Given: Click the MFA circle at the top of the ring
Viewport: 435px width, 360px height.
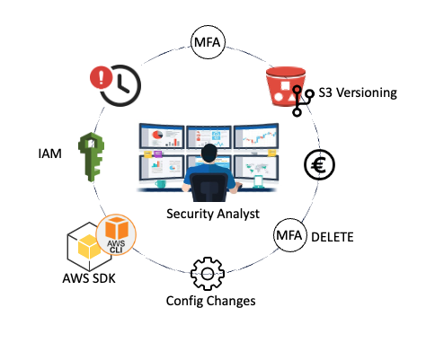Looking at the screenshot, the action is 208,42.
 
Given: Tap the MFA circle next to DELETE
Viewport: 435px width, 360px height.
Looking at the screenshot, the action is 290,235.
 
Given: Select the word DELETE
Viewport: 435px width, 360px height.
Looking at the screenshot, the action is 333,237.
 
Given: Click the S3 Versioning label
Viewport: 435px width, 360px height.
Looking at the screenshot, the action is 358,92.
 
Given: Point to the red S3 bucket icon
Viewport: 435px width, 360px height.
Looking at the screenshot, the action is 285,86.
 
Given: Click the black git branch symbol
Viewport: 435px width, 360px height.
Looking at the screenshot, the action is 302,101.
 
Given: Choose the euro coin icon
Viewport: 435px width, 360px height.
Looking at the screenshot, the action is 319,165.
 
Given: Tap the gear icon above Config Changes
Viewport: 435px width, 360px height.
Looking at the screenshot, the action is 208,274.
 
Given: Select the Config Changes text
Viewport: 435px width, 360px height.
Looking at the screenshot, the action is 211,301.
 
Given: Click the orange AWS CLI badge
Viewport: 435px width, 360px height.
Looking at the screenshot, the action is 116,234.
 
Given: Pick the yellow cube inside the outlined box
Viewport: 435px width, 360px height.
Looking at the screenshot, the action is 89,246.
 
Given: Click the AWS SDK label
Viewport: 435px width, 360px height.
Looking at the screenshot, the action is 89,278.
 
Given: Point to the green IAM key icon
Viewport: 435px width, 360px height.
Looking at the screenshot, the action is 91,157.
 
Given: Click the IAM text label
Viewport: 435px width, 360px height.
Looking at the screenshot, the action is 50,154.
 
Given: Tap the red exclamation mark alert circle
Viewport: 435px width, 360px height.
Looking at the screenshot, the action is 101,77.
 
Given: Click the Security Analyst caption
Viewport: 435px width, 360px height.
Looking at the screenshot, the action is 213,215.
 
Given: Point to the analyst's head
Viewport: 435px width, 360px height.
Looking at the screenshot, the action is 209,154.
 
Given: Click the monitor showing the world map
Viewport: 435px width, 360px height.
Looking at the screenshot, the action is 256,168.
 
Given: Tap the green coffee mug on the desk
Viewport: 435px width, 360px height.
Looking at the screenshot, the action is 160,184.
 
